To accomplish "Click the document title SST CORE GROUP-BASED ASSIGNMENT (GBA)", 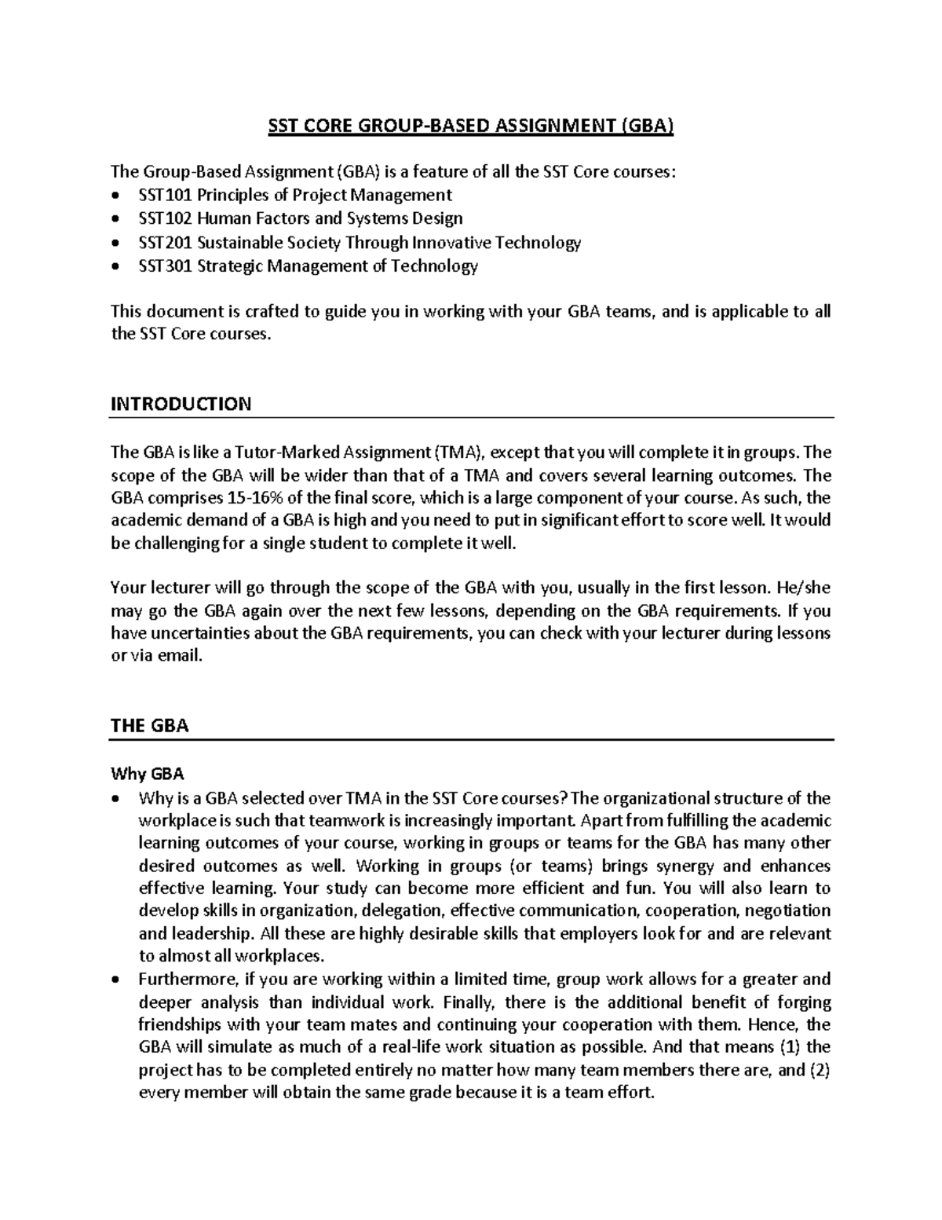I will coord(471,126).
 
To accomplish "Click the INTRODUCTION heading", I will coord(181,405).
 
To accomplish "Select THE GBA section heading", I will coord(150,726).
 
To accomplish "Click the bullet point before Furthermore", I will coord(116,980).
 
